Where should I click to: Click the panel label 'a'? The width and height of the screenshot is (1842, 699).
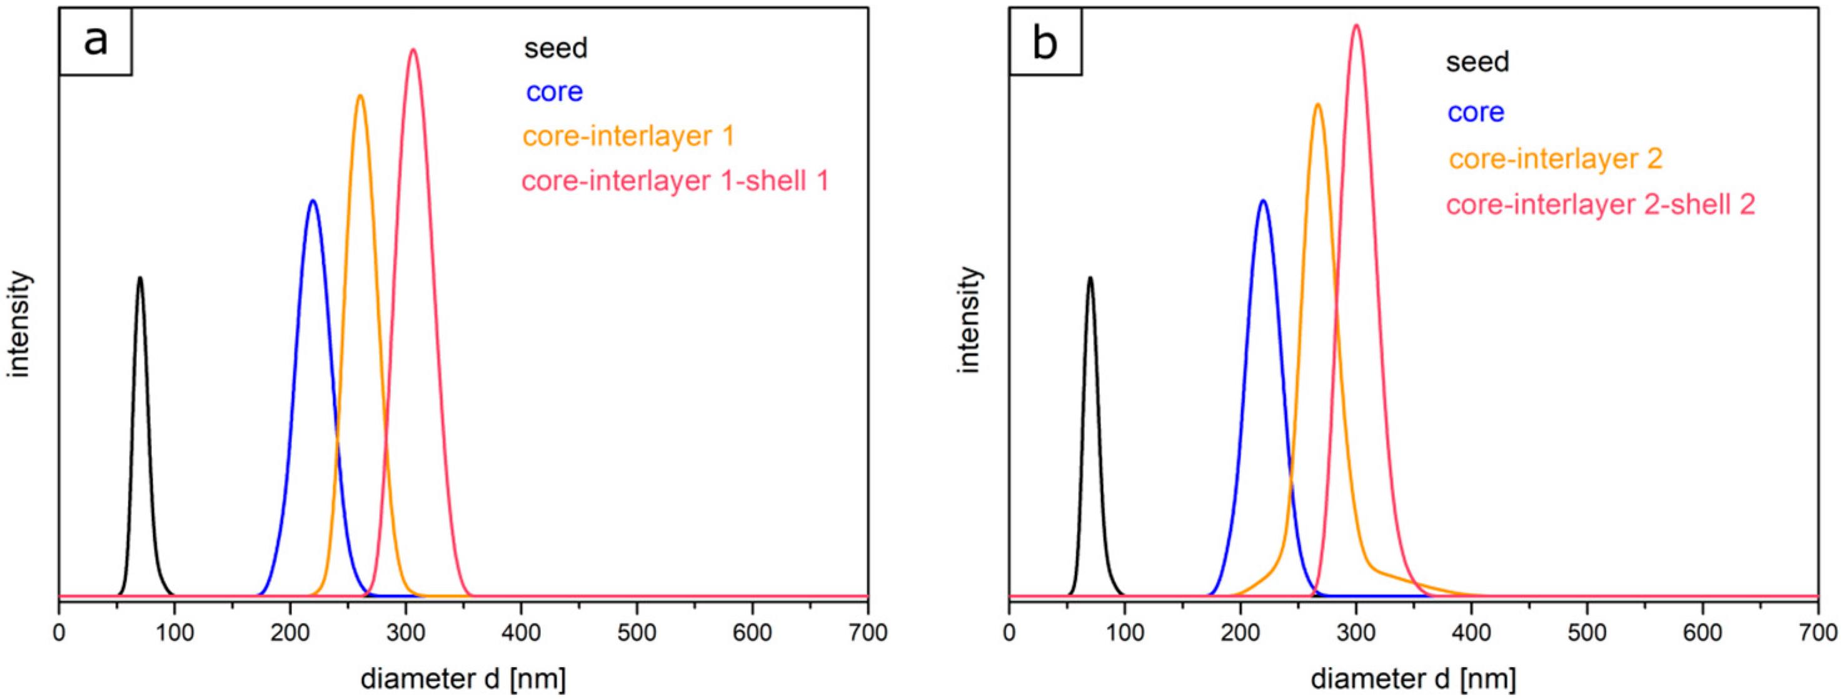pyautogui.click(x=95, y=41)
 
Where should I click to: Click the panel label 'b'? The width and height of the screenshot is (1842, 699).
pyautogui.click(x=1045, y=43)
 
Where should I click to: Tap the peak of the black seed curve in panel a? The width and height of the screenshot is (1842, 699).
pyautogui.click(x=140, y=278)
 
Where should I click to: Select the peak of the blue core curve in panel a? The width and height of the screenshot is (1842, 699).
pyautogui.click(x=313, y=201)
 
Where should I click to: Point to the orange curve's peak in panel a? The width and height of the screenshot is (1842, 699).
pyautogui.click(x=360, y=96)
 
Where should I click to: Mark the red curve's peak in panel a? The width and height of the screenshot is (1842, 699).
pyautogui.click(x=413, y=49)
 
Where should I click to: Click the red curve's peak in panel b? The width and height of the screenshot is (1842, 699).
pyautogui.click(x=1356, y=26)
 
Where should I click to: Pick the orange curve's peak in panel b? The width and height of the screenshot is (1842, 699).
pyautogui.click(x=1317, y=104)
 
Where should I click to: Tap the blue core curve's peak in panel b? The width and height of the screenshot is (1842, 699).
pyautogui.click(x=1264, y=201)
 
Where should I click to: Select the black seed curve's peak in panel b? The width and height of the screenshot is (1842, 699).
pyautogui.click(x=1090, y=278)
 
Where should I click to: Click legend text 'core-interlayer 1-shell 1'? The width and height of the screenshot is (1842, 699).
pyautogui.click(x=675, y=181)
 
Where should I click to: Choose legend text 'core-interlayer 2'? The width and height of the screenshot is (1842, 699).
pyautogui.click(x=1555, y=158)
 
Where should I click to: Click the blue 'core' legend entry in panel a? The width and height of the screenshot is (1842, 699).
pyautogui.click(x=554, y=91)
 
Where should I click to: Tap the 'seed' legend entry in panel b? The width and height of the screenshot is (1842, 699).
pyautogui.click(x=1477, y=62)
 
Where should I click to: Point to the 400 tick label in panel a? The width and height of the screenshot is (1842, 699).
pyautogui.click(x=521, y=633)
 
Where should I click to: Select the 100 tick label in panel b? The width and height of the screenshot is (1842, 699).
pyautogui.click(x=1125, y=633)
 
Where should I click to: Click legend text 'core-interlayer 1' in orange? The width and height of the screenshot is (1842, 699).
pyautogui.click(x=628, y=136)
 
